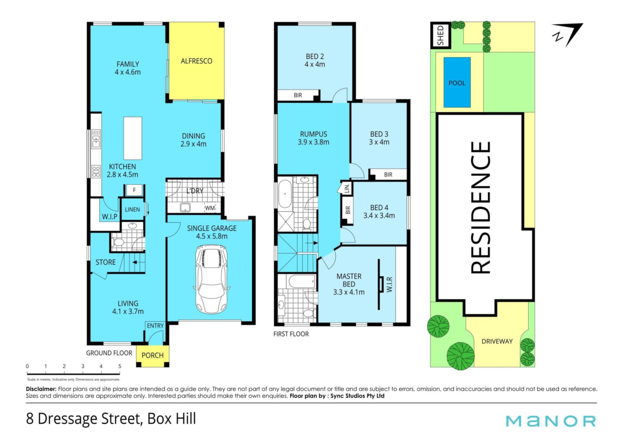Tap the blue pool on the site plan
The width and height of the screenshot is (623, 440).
[x=457, y=82]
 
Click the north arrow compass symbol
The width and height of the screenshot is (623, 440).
[x=568, y=34]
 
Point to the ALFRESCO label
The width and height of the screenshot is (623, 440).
[x=196, y=61]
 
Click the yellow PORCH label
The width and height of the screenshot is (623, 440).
[x=153, y=355]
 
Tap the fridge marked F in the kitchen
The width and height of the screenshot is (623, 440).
[x=134, y=190]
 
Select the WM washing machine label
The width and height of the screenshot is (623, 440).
[x=210, y=208]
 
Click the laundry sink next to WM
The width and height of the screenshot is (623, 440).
[x=185, y=208]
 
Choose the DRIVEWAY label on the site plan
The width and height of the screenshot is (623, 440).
[x=497, y=341]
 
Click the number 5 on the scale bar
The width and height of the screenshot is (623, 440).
[x=120, y=366]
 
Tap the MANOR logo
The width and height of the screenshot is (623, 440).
[x=551, y=421]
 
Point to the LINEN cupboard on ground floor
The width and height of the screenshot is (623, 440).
[x=132, y=209]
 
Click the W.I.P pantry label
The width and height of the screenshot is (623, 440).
[x=110, y=217]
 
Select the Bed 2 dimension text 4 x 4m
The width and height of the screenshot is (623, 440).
[x=315, y=64]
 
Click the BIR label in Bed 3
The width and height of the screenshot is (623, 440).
[x=388, y=174]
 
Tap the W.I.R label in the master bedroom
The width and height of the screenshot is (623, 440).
[x=390, y=284]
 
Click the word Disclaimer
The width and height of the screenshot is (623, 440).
[x=41, y=389]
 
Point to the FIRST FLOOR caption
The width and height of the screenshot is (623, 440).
[x=291, y=334]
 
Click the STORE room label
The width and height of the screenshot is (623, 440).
[x=105, y=262]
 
